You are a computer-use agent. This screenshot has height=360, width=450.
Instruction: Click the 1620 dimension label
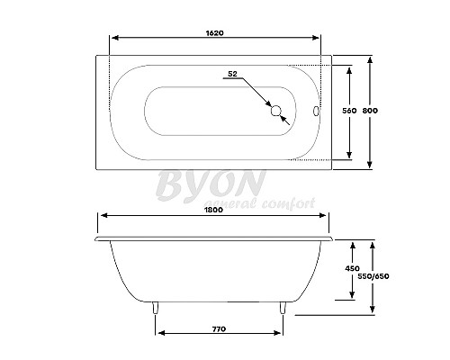click(214, 31)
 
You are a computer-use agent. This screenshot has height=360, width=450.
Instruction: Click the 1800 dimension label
click(214, 209)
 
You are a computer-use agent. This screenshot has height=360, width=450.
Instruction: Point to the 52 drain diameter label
click(232, 73)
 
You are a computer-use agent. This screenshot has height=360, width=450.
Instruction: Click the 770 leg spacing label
click(219, 329)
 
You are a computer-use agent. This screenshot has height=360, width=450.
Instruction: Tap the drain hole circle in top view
click(276, 112)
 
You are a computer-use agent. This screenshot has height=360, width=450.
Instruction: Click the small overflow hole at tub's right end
click(314, 112)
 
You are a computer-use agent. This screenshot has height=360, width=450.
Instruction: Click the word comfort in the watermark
click(290, 204)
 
